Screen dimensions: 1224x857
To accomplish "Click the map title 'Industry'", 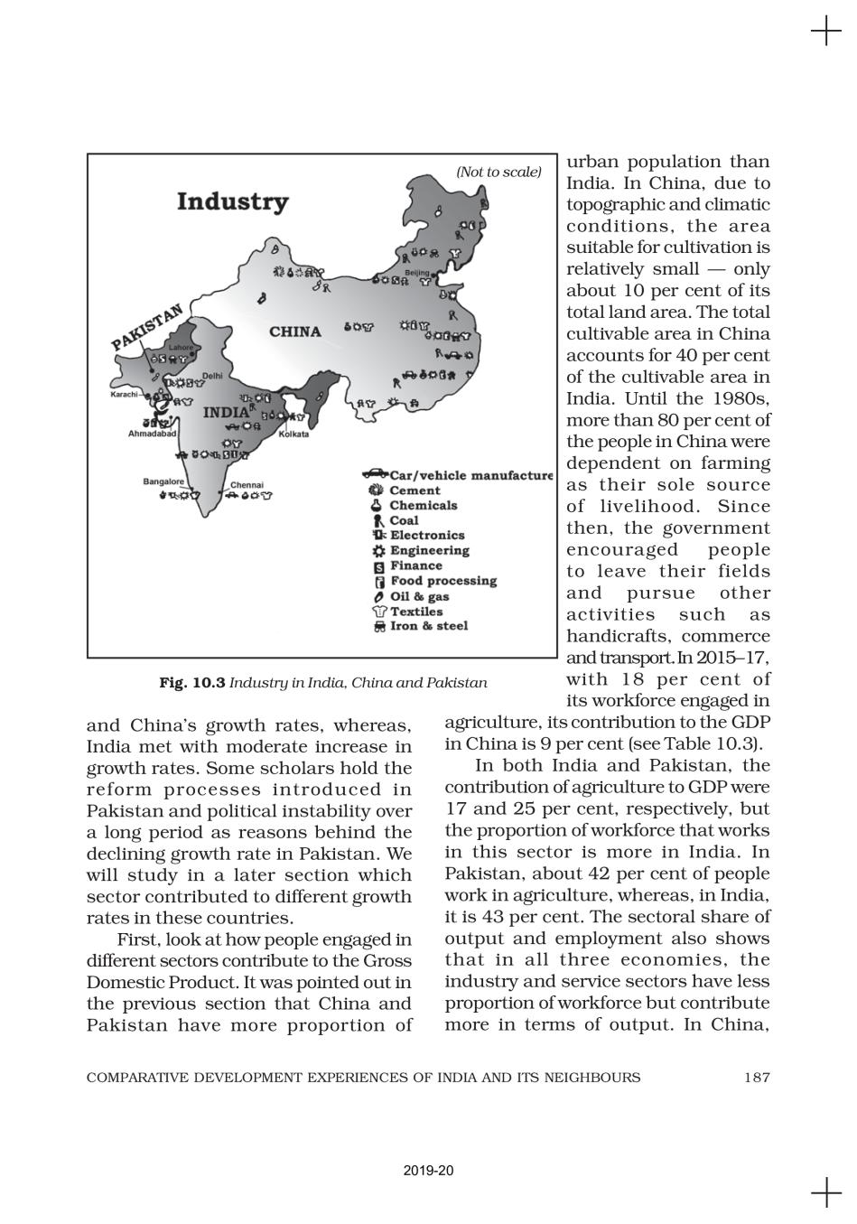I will pos(232,201).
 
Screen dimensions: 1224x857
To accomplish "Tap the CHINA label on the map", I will pos(294,332).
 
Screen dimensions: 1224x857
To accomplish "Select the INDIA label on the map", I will pos(225,413).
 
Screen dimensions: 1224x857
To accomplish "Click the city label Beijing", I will pos(417,272).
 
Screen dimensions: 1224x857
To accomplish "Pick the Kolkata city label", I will pos(294,434).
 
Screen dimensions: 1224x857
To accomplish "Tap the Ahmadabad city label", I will pos(154,434).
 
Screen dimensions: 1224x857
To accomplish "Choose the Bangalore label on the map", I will pos(163,481).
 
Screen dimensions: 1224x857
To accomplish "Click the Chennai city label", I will pos(247,485).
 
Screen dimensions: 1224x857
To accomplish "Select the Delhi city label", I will pos(212,376).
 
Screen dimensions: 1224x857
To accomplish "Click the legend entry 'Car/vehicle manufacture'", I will pos(470,475).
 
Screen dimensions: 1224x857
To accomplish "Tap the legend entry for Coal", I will pos(404,520).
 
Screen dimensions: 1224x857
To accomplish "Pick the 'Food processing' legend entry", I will pos(442,581).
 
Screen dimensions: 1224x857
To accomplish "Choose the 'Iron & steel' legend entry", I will pos(428,625).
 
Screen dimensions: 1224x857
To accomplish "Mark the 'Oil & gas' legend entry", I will pos(419,596).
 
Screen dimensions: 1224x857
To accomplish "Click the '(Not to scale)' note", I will pos(498,172).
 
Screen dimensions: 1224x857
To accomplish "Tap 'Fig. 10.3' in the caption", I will pos(191,683).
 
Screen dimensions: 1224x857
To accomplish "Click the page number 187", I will pos(757,1077).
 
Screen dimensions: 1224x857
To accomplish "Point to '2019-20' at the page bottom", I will pos(428,1171).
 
